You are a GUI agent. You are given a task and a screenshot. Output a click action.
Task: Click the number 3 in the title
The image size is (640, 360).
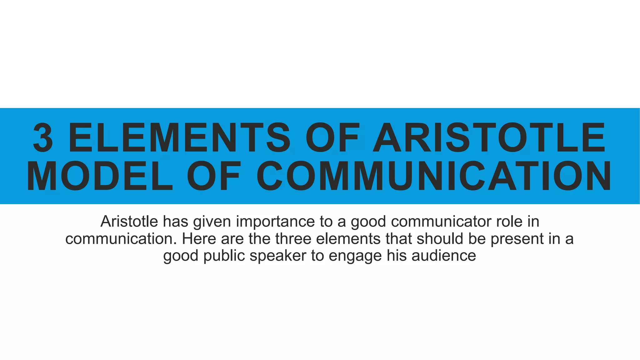tap(43, 137)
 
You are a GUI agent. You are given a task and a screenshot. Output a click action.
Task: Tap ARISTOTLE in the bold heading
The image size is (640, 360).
tap(489, 137)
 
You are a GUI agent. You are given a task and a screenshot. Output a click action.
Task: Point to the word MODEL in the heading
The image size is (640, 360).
tap(100, 176)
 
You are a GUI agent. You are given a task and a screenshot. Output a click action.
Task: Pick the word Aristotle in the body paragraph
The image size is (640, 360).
tap(129, 222)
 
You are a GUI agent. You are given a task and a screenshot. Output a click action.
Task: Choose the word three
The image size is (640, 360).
tap(293, 239)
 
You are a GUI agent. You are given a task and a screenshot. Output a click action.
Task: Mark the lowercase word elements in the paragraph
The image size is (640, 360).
tap(348, 239)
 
